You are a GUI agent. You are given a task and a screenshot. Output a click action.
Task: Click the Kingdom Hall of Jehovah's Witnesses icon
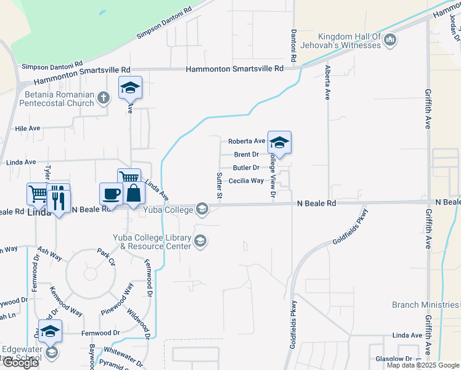390,41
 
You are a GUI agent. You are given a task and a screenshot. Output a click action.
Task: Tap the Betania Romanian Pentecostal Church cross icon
104,96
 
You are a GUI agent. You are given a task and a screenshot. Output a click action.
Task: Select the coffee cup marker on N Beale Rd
111,194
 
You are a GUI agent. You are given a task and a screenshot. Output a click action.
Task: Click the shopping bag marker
134,193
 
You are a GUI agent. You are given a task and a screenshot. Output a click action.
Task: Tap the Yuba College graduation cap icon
202,210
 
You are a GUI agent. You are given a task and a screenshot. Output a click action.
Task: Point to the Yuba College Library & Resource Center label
152,242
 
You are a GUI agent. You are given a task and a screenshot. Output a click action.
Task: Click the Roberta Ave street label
247,141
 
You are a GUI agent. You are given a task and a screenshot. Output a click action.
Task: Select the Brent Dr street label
246,154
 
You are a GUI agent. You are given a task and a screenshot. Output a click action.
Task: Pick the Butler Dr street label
245,168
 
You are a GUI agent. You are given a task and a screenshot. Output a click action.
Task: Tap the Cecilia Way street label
246,181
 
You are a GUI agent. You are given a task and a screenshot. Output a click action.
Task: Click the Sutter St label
219,186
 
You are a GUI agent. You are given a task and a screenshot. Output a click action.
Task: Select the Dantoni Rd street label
294,45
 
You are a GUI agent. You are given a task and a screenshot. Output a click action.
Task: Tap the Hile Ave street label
27,128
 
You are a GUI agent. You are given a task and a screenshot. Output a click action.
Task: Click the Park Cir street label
106,256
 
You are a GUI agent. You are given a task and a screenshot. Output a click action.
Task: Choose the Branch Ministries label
425,305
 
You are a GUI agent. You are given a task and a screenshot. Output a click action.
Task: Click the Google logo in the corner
20,363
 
